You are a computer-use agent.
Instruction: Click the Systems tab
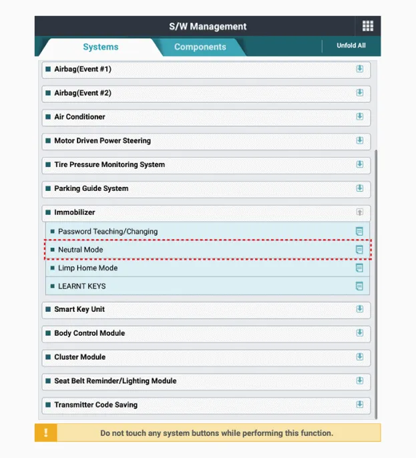pos(100,47)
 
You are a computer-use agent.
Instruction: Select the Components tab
pos(200,47)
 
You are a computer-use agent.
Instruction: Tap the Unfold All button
pos(351,46)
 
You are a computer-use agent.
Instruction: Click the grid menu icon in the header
pos(367,26)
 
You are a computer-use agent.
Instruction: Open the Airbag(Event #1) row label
pos(83,69)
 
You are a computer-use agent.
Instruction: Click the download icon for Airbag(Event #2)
pos(359,93)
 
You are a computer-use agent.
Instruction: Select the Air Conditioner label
pos(79,117)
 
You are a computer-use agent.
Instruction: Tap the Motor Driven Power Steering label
pos(102,141)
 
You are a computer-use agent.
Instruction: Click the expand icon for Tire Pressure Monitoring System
pos(359,164)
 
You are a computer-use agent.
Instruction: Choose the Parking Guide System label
pos(91,188)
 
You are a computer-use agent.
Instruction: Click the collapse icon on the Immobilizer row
pos(359,212)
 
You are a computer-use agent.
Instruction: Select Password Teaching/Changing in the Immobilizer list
pos(108,232)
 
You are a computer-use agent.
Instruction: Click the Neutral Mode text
pos(81,250)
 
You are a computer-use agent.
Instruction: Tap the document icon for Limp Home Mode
pos(359,268)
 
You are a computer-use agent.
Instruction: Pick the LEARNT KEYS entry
pos(81,286)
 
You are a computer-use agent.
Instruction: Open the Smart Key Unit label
pos(79,309)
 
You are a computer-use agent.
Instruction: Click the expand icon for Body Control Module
pos(359,333)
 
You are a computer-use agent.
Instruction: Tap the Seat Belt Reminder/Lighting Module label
pos(115,381)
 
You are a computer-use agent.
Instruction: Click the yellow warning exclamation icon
pos(46,433)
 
